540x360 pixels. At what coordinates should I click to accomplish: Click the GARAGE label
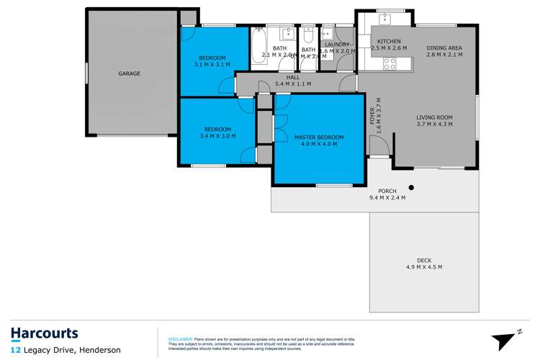click(130, 73)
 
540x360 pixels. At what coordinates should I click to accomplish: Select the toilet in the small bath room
click(307, 36)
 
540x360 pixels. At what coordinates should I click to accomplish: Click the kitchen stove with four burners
click(390, 63)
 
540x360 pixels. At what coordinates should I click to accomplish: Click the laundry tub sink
click(327, 34)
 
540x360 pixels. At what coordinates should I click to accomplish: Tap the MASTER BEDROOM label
click(318, 137)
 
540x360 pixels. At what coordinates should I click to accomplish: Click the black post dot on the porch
click(411, 189)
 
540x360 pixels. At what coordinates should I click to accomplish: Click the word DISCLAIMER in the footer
click(180, 338)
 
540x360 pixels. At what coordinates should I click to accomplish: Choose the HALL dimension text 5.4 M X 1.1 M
click(292, 84)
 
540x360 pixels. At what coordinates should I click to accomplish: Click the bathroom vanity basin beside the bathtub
click(286, 32)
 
